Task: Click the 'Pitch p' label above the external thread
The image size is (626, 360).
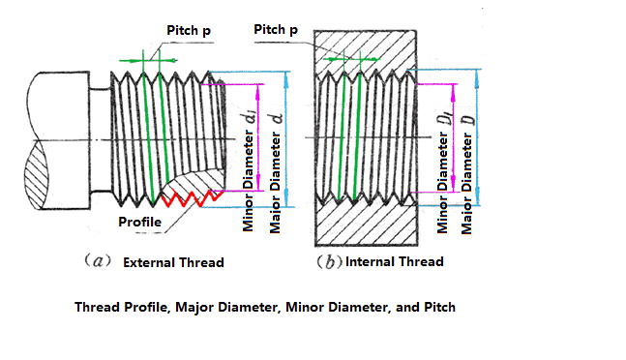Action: tap(189, 31)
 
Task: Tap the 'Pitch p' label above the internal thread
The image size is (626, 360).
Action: tap(276, 30)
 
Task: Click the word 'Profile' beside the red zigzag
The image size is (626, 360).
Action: tap(139, 222)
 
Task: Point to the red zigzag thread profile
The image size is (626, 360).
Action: tap(192, 198)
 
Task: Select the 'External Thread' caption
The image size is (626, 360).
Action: tap(173, 262)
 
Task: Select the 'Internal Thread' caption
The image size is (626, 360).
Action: tap(395, 262)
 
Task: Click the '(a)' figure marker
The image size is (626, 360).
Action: tap(98, 261)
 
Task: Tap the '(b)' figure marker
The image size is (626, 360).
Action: tap(329, 262)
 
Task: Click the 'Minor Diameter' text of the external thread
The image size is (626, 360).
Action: tap(248, 181)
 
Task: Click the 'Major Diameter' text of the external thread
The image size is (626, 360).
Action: tap(275, 183)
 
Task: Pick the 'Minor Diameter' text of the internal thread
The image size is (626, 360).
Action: tap(442, 183)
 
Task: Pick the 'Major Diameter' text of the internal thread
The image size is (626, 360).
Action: tap(466, 184)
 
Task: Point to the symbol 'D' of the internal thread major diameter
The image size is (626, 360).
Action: tap(469, 120)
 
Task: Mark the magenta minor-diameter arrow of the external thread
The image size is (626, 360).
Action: tap(258, 137)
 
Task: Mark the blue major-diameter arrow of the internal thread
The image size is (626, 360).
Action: tap(477, 137)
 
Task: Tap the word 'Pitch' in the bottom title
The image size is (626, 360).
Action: tap(439, 308)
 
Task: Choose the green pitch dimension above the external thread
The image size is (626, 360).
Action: tap(148, 61)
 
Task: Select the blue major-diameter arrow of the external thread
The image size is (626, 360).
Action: tap(285, 139)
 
